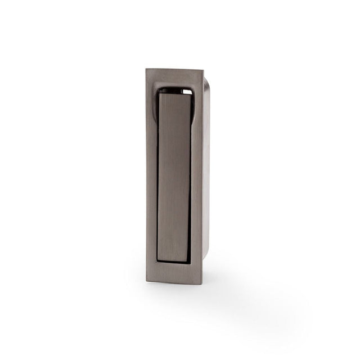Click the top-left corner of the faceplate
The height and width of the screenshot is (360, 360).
pyautogui.click(x=146, y=69)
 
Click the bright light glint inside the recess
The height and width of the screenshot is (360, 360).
pyautogui.click(x=186, y=88)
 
